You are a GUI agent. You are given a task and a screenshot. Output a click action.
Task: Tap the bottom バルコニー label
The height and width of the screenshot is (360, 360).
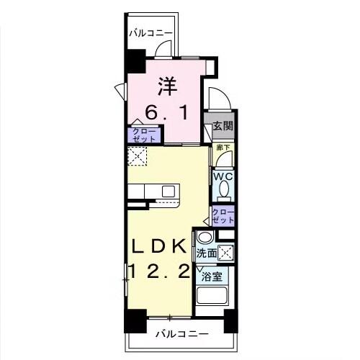(x=182, y=335)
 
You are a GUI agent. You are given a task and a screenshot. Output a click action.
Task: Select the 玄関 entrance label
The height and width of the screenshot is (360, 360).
(x=222, y=125)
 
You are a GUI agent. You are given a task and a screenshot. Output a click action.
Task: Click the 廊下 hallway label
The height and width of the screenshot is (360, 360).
(x=223, y=148)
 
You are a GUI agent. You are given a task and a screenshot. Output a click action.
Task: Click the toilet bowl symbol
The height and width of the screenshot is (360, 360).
(x=224, y=189)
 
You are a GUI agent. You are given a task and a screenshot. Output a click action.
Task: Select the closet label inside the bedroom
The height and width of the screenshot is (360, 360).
(x=144, y=134)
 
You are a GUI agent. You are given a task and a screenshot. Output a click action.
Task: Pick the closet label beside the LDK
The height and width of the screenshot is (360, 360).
(x=222, y=215)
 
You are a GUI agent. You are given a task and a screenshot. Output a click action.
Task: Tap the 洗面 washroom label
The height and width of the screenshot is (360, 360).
(x=207, y=253)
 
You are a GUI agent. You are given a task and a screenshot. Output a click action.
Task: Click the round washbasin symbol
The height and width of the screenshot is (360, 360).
(x=205, y=238)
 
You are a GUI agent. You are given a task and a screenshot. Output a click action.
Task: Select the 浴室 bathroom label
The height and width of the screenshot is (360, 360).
(x=212, y=276)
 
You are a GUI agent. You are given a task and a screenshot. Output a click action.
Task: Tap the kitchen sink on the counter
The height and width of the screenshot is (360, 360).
(x=169, y=191)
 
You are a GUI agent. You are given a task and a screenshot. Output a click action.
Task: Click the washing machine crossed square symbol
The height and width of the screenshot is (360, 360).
(x=226, y=253)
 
